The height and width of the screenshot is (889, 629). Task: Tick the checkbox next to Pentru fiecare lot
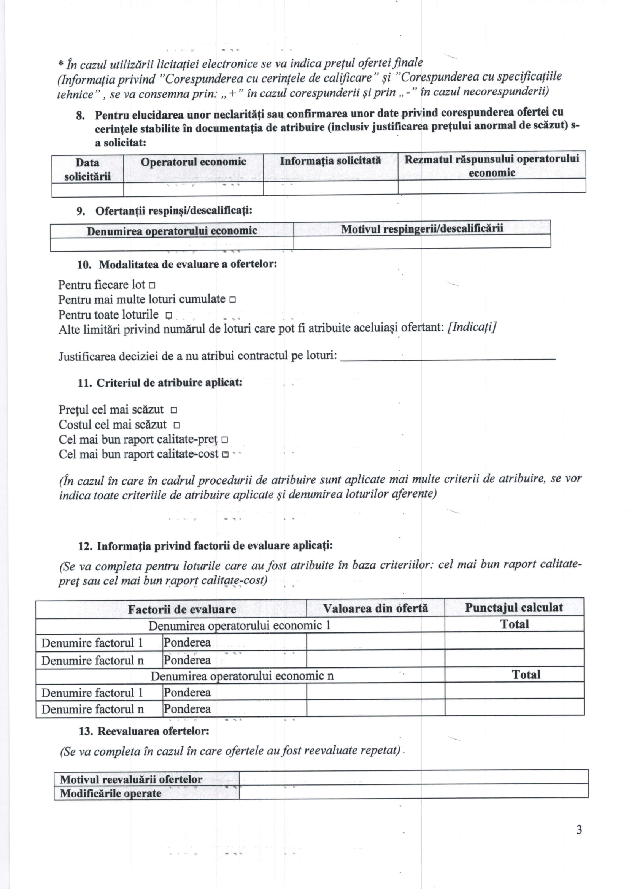(152, 286)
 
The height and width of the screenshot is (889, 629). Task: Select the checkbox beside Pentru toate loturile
(168, 315)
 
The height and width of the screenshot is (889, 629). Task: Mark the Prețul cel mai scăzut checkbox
(174, 410)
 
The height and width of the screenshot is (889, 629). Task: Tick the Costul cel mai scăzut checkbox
(176, 425)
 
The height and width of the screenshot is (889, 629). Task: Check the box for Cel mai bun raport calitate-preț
(224, 440)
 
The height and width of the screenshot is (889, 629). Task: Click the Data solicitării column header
(87, 169)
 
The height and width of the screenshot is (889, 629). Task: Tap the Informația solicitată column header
(330, 161)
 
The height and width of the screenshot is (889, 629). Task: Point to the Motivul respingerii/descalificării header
(422, 229)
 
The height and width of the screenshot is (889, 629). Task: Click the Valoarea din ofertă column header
(375, 608)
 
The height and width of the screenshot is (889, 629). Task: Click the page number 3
(579, 830)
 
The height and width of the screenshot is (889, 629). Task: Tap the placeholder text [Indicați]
(472, 327)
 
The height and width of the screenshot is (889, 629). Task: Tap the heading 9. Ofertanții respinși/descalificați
(164, 211)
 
